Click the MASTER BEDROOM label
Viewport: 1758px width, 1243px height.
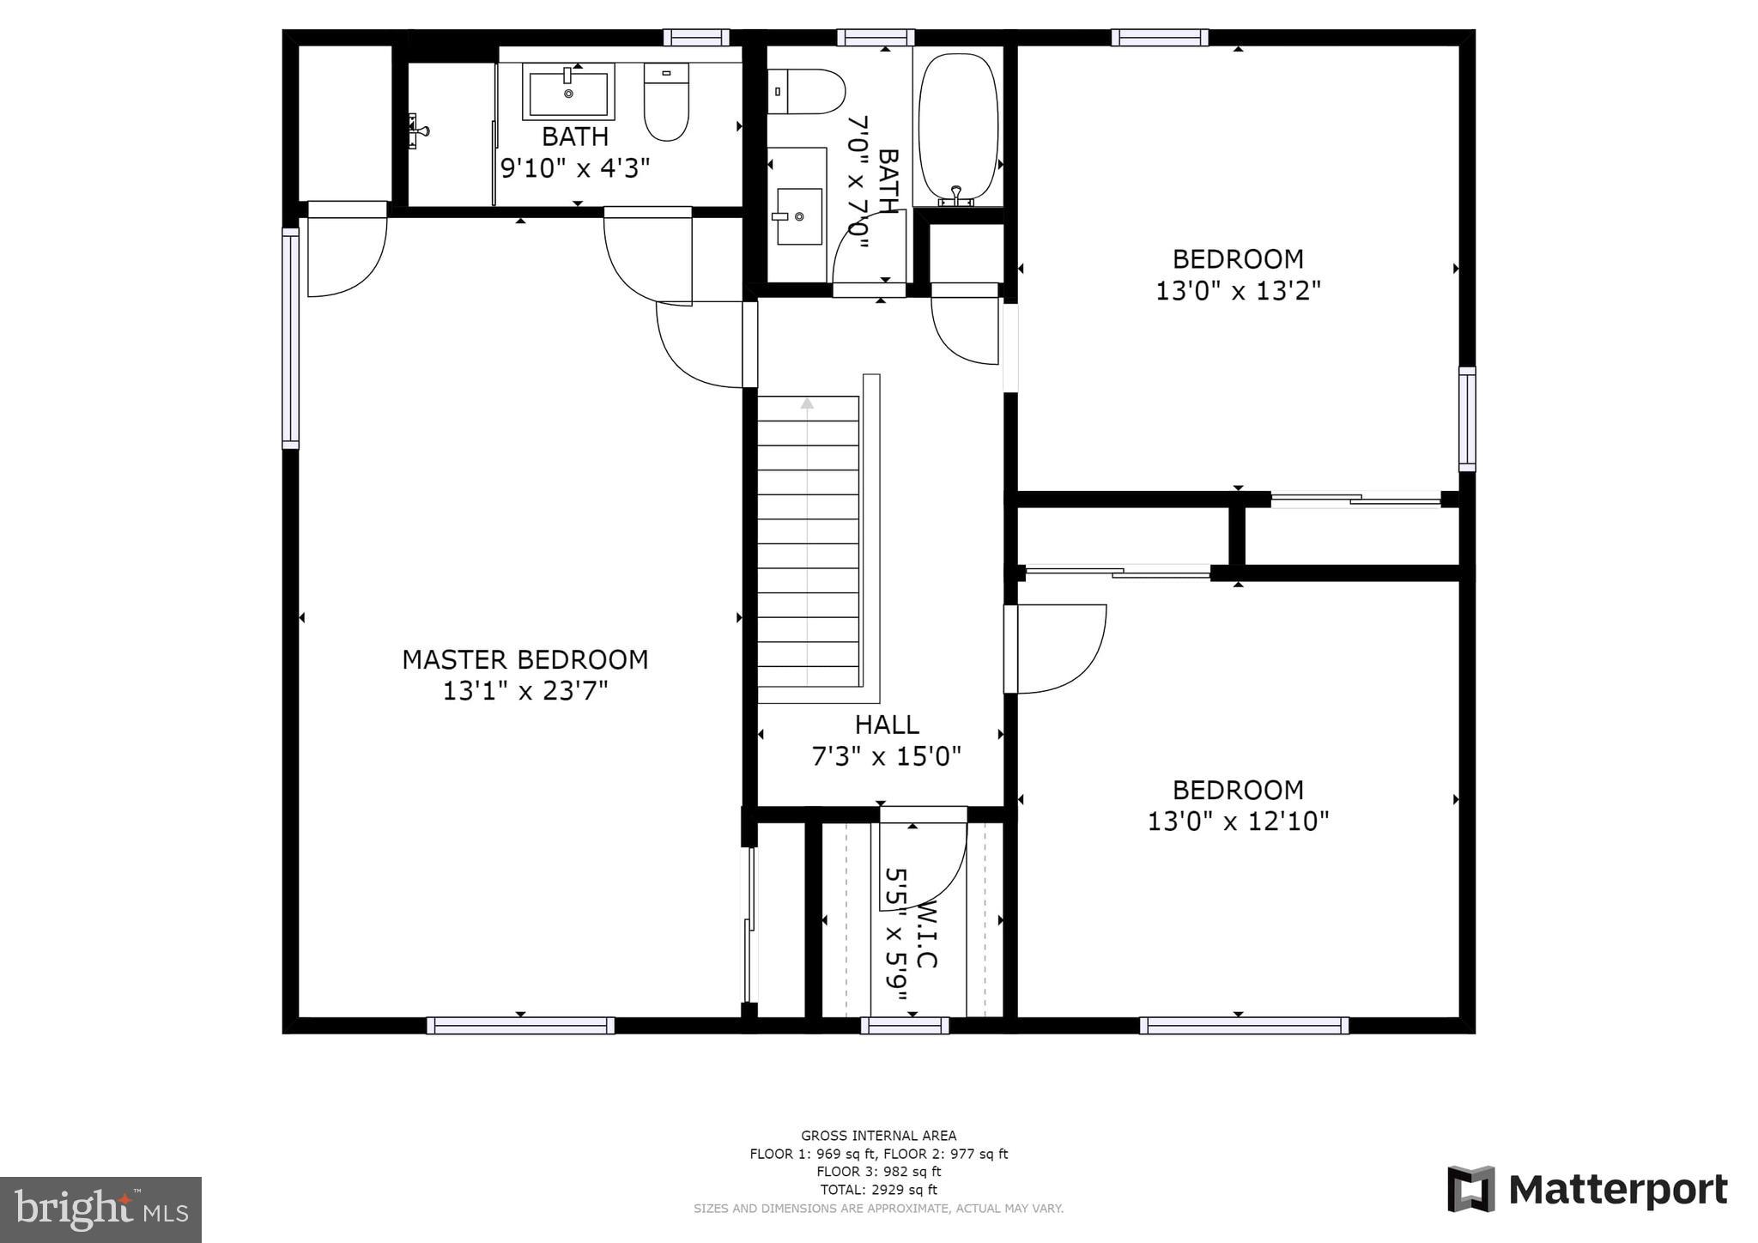[x=524, y=659]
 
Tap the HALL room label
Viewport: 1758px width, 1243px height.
[x=887, y=725]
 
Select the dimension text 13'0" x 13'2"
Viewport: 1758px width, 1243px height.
[x=1237, y=291]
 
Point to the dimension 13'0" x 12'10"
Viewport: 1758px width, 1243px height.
[x=1238, y=822]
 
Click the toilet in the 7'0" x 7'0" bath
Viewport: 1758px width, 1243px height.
[x=807, y=92]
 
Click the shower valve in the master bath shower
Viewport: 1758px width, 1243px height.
[x=416, y=131]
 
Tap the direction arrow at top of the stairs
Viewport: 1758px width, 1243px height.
[x=807, y=403]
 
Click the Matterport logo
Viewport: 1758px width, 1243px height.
[x=1587, y=1190]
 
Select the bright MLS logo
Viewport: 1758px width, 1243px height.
[x=100, y=1210]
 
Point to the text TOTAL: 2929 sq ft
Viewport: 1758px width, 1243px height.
[x=878, y=1190]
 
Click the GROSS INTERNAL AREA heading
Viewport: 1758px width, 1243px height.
[x=878, y=1136]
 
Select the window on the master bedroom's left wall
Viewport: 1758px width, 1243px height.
[x=291, y=338]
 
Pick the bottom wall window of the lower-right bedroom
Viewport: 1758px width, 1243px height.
[x=1244, y=1025]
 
